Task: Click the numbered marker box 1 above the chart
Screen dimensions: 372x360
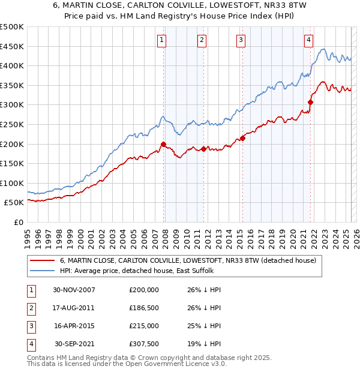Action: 163,40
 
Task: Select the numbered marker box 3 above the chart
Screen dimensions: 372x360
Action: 241,40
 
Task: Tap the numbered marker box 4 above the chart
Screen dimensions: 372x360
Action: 308,40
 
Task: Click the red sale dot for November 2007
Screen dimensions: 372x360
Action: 163,144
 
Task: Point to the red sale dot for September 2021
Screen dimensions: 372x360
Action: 311,102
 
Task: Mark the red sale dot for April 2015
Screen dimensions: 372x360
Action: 243,138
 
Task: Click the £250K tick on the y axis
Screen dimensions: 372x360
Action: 12,124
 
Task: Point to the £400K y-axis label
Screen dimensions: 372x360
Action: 12,65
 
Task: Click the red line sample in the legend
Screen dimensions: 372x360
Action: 43,260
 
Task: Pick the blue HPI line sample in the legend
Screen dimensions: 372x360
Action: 43,271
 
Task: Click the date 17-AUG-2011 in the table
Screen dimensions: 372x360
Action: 74,308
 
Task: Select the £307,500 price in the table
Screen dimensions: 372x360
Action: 144,345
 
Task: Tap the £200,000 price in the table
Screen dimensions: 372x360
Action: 144,290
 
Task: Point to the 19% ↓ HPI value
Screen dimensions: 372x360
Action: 204,345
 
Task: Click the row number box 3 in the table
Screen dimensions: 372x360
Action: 31,326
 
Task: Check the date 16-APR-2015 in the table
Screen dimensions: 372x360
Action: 74,326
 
